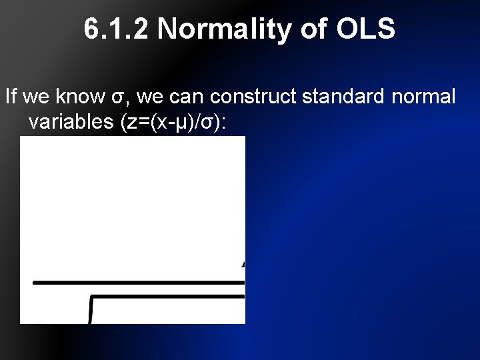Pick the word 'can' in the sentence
pos(186,97)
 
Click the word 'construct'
pos(253,97)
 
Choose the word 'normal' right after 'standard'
pos(424,97)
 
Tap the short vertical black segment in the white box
pos(91,310)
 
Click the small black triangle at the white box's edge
pos(243,264)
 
